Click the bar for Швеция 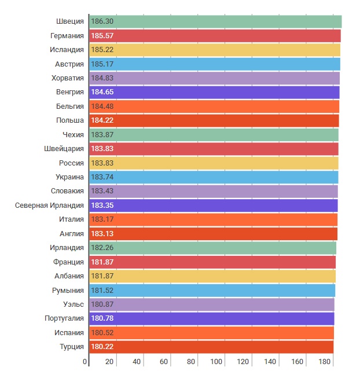click(215, 21)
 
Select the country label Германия click(67, 36)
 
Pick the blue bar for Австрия click(215, 64)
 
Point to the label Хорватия click(68, 78)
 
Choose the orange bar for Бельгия click(214, 107)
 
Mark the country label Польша click(70, 120)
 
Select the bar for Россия click(214, 163)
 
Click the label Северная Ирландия click(49, 205)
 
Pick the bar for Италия click(214, 219)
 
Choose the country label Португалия click(64, 318)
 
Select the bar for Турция click(212, 347)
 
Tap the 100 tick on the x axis click(217, 362)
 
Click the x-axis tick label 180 click(325, 362)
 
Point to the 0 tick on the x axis click(85, 362)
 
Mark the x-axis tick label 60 click(164, 362)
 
